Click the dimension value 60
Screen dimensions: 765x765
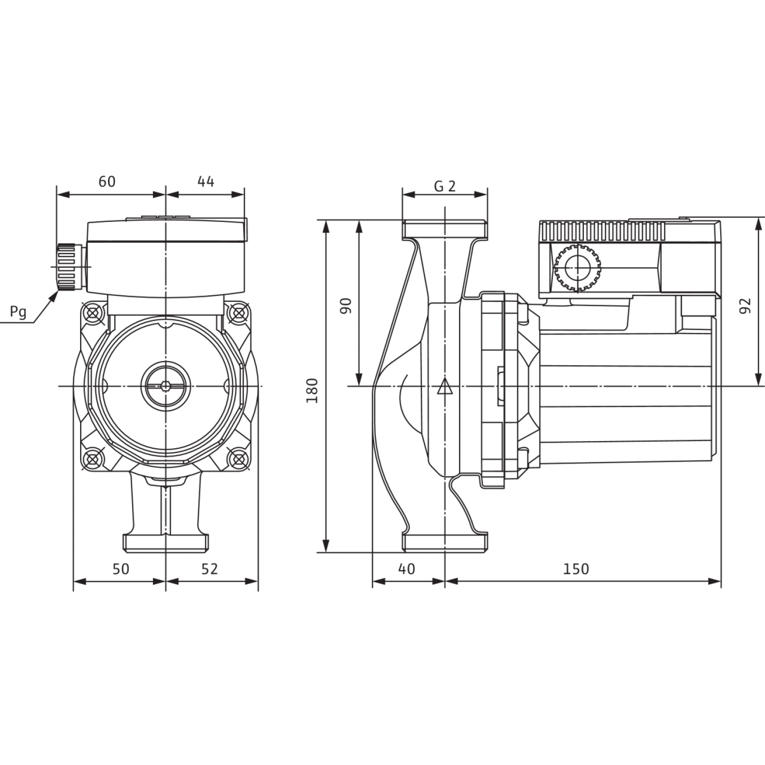107,182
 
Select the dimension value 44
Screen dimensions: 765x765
205,182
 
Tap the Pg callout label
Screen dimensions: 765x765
18,312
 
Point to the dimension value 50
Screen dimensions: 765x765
121,569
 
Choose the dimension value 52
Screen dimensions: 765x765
210,569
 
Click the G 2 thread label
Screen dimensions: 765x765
445,187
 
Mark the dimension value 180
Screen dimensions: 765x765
312,391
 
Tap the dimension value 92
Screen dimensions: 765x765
746,306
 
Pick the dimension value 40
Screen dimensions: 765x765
406,569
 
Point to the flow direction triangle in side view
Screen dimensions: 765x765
445,387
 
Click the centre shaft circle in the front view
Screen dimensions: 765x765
166,386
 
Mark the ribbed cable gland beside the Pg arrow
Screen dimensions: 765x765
66,267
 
